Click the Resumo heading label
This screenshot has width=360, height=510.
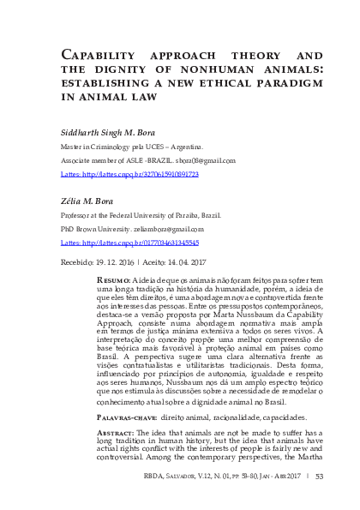(114, 280)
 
